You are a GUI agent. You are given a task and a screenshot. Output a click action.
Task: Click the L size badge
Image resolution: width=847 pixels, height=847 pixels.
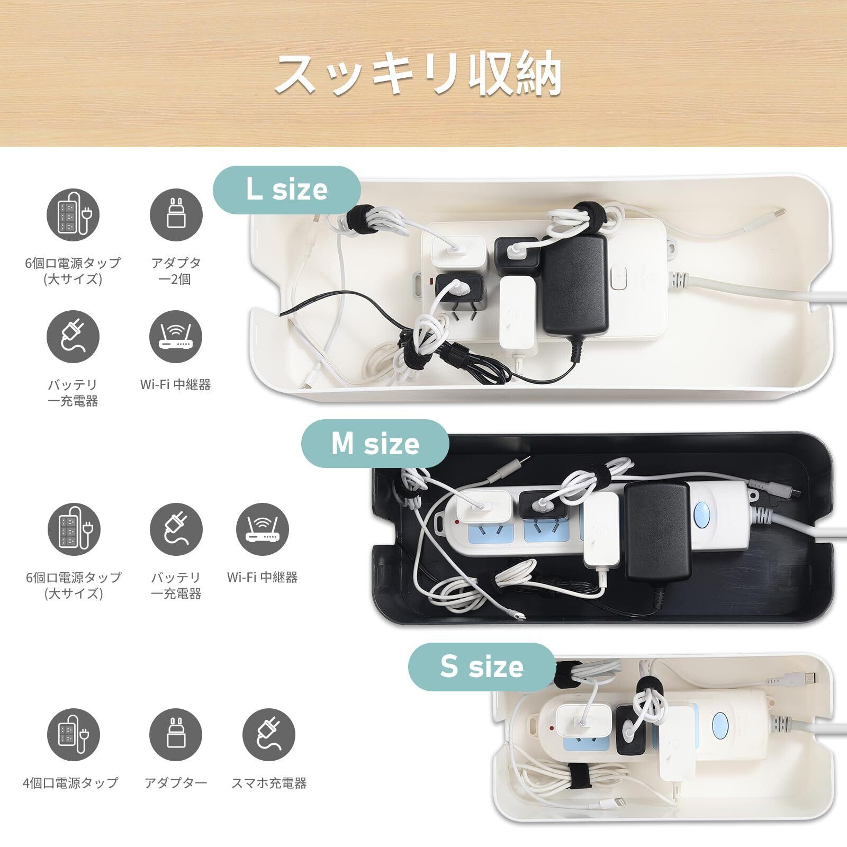coord(286,190)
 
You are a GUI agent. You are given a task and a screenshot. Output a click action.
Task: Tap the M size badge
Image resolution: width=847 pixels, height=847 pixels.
coord(375,444)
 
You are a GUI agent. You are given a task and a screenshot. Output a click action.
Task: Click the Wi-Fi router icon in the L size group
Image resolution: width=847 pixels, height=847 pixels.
coord(175,337)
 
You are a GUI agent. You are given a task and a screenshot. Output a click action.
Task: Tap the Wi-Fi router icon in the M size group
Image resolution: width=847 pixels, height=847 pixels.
coord(262,529)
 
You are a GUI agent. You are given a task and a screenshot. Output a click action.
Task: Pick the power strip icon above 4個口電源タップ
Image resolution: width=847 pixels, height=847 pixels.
coord(73,736)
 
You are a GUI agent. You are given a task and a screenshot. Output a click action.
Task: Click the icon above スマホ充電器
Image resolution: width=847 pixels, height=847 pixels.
coord(269,736)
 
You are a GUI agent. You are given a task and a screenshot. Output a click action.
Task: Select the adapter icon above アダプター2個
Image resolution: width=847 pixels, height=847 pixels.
coord(176,215)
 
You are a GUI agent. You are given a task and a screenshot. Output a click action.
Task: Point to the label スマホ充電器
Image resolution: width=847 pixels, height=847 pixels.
coord(269,783)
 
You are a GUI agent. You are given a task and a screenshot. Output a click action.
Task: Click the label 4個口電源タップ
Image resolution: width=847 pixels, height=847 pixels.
coord(70,783)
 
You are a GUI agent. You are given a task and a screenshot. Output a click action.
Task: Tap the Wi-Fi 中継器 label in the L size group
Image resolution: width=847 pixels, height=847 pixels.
coord(175,384)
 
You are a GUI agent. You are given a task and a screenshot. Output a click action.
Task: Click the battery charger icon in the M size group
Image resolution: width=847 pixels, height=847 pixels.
coord(176,529)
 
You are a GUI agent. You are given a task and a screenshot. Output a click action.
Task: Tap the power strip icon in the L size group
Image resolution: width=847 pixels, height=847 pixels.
coord(73,215)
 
